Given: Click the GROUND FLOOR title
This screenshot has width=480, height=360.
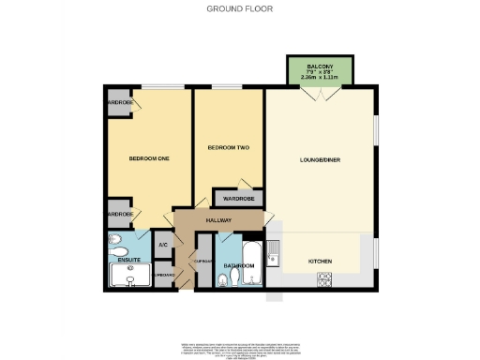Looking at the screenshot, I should point(239,8).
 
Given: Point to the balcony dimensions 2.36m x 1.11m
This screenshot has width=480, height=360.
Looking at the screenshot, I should point(320,78).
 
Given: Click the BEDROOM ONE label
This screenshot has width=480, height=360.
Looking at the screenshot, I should point(148,159).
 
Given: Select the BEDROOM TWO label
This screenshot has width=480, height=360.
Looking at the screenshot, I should point(227,148).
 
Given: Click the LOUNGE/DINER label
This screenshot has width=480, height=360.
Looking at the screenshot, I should point(321,160).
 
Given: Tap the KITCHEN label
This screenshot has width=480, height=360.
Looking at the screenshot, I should point(322,261).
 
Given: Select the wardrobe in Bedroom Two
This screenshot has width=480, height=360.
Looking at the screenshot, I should point(239,198).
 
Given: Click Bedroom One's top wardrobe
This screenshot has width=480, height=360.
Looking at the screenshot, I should point(119,102).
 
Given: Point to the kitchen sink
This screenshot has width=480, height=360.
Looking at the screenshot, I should point(272,248).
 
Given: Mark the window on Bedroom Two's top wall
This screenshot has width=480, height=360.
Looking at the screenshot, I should point(227,88).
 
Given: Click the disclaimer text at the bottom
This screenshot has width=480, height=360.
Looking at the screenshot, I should point(239,345).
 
